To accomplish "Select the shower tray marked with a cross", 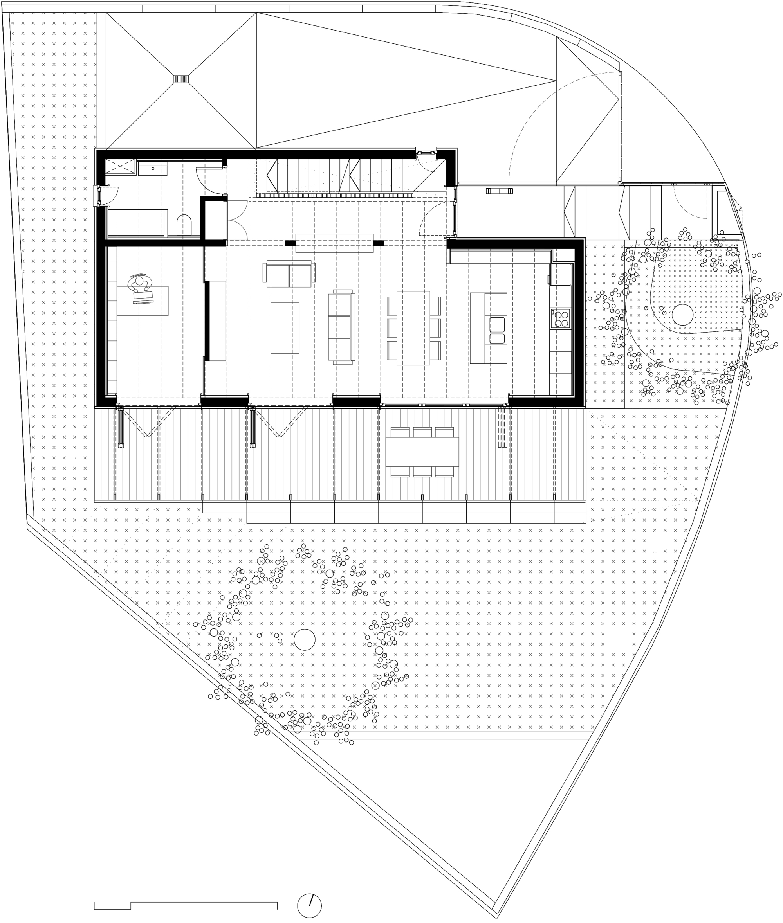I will tap(120, 167).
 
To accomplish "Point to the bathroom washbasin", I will tap(153, 169).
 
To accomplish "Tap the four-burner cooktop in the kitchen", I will tap(560, 318).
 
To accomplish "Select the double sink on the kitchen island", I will tap(498, 331).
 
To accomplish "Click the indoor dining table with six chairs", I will tap(413, 328).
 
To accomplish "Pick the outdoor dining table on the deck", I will tap(422, 452).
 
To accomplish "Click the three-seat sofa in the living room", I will tap(341, 327).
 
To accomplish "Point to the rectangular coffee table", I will tap(285, 328).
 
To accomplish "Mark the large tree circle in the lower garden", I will tap(305, 639).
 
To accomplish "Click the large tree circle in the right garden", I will tap(682, 315).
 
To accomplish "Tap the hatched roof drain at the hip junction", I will tap(181, 79).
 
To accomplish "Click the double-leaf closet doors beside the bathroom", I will tap(237, 220).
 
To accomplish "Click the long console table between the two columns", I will tap(334, 243).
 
